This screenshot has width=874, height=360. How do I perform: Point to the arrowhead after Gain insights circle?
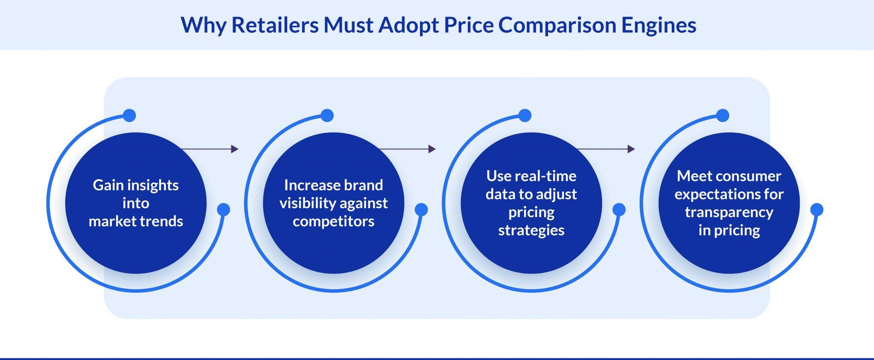point(235,149)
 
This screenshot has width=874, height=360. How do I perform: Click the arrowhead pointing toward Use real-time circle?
point(432,149)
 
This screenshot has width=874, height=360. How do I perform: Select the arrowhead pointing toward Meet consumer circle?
point(631,149)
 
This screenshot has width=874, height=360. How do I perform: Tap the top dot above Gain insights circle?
point(129,116)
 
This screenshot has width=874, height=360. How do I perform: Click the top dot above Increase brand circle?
point(327,116)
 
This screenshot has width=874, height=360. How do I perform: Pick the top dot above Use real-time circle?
point(525,116)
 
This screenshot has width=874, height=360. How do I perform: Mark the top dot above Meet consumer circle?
point(723,116)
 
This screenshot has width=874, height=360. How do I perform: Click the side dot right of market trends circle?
point(224,209)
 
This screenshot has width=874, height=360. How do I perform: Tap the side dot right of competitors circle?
point(421,209)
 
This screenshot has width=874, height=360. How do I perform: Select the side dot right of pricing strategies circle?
point(619,209)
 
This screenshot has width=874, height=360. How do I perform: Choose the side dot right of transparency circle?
point(816,209)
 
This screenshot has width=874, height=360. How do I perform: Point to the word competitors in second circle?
point(333,221)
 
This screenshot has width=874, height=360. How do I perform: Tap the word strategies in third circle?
point(531,230)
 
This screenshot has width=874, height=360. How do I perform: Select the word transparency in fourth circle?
point(729,212)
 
